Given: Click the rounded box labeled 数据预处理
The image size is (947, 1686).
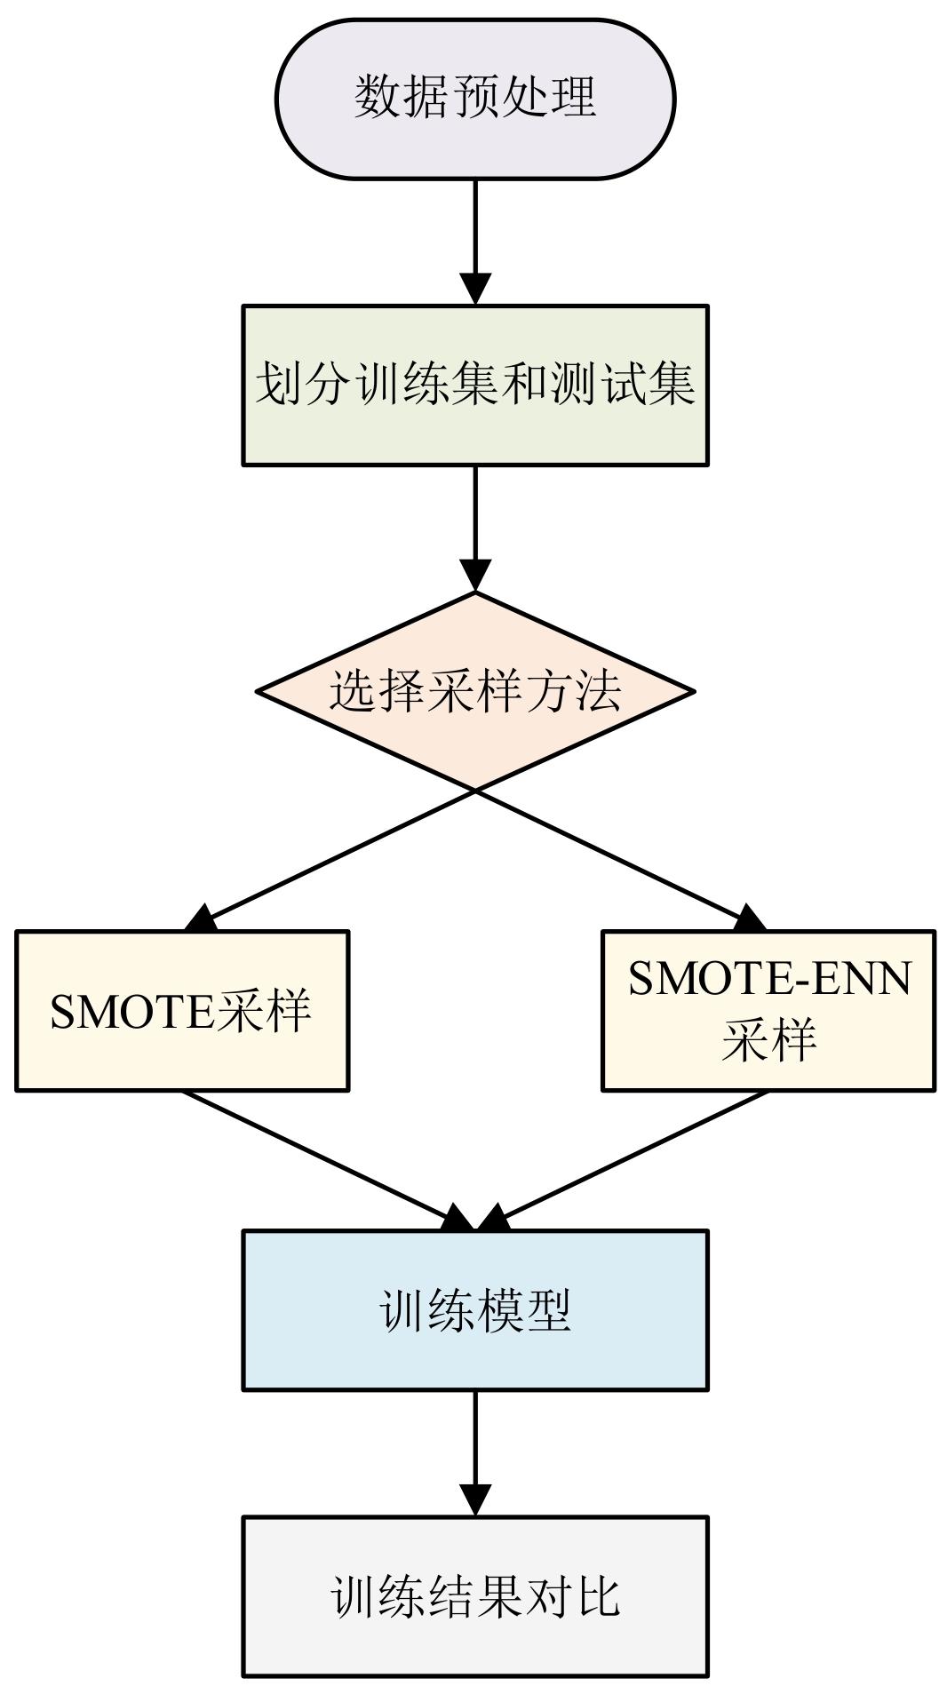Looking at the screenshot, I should pyautogui.click(x=475, y=99).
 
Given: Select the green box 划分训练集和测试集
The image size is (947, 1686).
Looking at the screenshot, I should pyautogui.click(x=475, y=386).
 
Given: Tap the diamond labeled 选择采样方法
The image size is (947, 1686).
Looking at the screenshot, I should pyautogui.click(x=475, y=690).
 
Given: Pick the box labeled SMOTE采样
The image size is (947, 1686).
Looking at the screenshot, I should pyautogui.click(x=182, y=1011).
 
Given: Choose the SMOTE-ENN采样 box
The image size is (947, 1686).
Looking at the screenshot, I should pyautogui.click(x=768, y=1011).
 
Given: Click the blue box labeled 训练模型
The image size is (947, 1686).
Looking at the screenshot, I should pyautogui.click(x=475, y=1310).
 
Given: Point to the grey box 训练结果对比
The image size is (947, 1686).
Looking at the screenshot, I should pyautogui.click(x=475, y=1596).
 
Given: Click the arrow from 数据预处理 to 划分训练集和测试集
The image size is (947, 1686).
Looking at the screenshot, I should pyautogui.click(x=475, y=240).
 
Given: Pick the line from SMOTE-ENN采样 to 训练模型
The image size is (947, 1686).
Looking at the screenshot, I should pyautogui.click(x=631, y=1155).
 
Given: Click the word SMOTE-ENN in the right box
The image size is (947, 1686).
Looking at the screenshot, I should pyautogui.click(x=769, y=979).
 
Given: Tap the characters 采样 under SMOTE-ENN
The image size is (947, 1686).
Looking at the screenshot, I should pyautogui.click(x=768, y=1040).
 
